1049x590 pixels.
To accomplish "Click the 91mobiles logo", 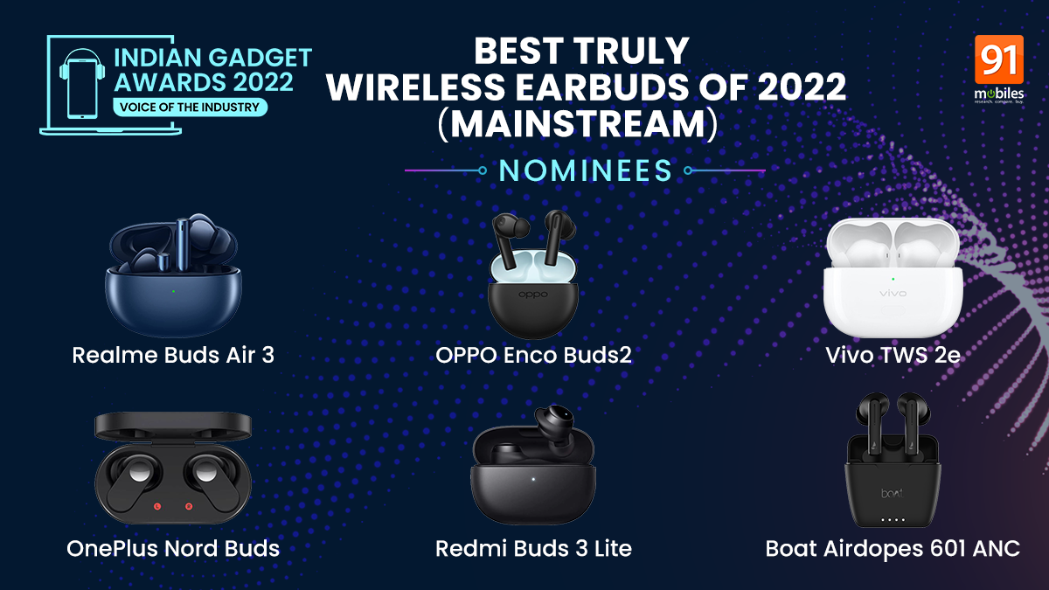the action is pos(999,69).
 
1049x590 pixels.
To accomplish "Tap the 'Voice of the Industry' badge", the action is pos(190,108).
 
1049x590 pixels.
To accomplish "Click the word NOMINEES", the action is pos(586,170).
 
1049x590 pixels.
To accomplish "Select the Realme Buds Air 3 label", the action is pos(173,355).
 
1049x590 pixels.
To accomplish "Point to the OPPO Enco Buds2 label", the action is pos(533,355).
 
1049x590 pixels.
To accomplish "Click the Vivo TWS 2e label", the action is pos(893,355).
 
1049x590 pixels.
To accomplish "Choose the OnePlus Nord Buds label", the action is pos(173,548).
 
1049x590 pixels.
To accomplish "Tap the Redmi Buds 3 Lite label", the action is pos(533,548).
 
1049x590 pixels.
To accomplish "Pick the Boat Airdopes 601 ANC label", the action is pos(893,548).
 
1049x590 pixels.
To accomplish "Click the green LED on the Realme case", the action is pos(173,291).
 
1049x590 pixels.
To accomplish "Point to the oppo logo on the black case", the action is pos(533,295).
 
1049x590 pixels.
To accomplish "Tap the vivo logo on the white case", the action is pos(893,294).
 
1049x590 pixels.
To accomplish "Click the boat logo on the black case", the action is pos(892,493).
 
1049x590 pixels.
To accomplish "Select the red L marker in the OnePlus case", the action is pos(157,506).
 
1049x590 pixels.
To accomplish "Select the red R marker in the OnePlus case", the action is pos(189,506).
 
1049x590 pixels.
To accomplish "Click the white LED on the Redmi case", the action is pos(533,479).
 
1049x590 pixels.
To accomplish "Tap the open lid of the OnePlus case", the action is pos(173,426).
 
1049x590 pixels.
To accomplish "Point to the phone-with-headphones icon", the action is pos(82,84).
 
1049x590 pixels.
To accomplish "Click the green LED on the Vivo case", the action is pos(893,279).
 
